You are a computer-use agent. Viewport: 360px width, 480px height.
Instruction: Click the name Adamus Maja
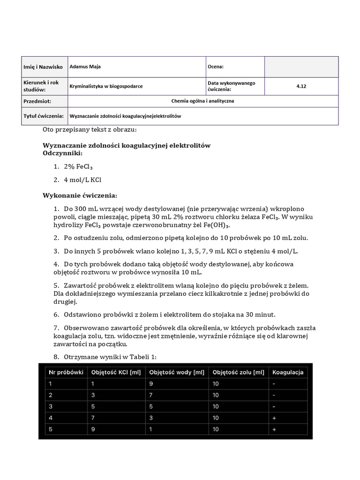click(x=85, y=67)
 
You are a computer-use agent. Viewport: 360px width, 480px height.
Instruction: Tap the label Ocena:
click(x=216, y=67)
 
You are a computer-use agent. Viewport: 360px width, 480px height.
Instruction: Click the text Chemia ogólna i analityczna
click(x=203, y=101)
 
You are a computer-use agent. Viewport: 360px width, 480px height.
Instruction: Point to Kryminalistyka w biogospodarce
click(x=106, y=86)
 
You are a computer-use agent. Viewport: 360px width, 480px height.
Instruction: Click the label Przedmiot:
click(x=37, y=101)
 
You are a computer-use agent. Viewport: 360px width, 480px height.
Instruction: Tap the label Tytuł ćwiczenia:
click(x=44, y=115)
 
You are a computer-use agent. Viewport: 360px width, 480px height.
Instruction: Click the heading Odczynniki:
click(x=63, y=153)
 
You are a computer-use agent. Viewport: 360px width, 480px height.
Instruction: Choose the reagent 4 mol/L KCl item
click(x=82, y=180)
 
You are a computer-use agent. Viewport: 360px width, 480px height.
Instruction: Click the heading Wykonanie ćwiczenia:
click(x=80, y=195)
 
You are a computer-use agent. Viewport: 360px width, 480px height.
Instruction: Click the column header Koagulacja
click(x=287, y=372)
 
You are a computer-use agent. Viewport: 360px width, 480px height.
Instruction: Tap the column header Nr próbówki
click(x=66, y=372)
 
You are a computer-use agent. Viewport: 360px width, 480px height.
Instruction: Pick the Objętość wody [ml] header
click(x=177, y=372)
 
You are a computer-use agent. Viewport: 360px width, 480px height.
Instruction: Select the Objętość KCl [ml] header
click(x=116, y=372)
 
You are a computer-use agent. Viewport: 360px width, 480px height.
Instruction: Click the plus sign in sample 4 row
click(x=273, y=417)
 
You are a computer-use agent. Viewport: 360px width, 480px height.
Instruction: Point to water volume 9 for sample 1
click(x=151, y=383)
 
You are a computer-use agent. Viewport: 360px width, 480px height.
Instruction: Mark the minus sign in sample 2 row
click(x=273, y=395)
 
